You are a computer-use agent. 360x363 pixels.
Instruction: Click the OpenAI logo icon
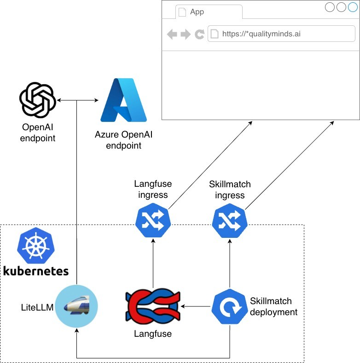38,100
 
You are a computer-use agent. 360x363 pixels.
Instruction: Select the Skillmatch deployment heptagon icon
229,306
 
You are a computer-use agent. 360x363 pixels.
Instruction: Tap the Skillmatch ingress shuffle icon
230,222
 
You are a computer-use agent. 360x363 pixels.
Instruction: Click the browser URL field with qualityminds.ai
281,34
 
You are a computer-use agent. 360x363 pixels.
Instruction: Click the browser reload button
199,35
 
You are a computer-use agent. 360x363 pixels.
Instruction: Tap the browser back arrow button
172,35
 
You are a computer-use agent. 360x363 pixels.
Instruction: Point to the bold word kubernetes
36,270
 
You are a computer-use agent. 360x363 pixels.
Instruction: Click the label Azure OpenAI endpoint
123,140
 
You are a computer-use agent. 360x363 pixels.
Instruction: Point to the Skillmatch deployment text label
273,306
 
